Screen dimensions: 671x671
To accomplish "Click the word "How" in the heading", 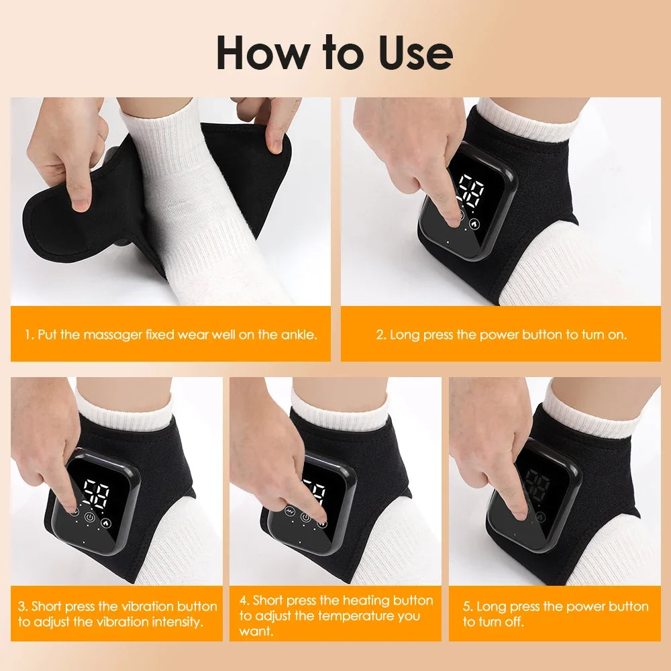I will [x=259, y=54].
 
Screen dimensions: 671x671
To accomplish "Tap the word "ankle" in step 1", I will [x=297, y=334].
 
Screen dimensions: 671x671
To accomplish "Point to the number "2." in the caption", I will [x=381, y=334].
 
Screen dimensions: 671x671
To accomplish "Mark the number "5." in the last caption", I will [x=468, y=607].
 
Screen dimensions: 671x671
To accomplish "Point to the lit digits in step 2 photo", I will [x=469, y=191].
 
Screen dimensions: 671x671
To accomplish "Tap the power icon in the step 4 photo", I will [x=306, y=517].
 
